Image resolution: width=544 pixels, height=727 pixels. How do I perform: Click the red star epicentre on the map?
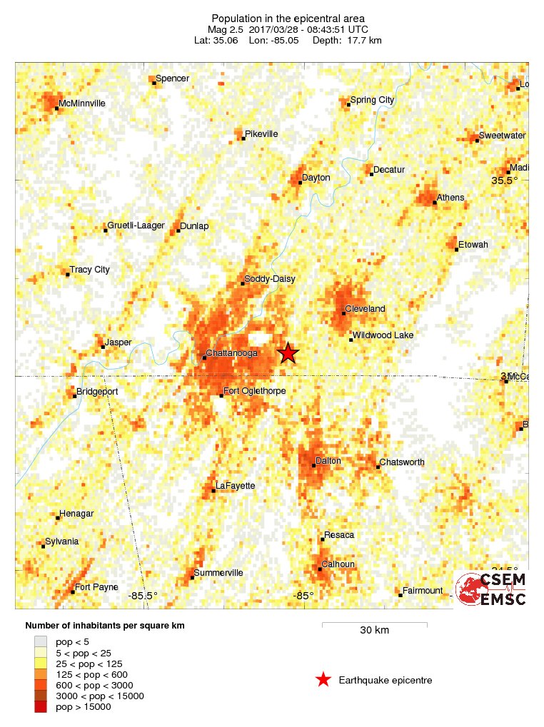point(288,353)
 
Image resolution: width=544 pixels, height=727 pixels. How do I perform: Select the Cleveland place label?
point(365,309)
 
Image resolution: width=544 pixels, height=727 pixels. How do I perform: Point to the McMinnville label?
point(82,103)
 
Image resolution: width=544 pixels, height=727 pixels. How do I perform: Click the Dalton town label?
point(328,461)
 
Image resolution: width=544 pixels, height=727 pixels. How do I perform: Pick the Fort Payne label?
point(96,588)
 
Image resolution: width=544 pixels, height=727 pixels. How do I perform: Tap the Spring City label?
point(372,101)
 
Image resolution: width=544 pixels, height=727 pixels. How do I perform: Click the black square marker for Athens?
point(435,203)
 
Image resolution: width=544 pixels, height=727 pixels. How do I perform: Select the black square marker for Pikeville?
point(243,138)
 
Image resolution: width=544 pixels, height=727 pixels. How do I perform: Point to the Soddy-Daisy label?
point(269,279)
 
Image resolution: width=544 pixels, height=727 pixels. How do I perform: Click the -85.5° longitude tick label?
point(143,596)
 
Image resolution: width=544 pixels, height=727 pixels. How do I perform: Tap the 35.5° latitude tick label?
point(504,181)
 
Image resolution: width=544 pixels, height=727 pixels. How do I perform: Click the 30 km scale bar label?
point(374,630)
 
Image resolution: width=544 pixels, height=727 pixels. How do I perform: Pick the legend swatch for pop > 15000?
point(41,706)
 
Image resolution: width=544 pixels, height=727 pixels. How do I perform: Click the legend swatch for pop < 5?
point(41,642)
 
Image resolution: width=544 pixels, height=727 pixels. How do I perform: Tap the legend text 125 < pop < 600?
point(91,674)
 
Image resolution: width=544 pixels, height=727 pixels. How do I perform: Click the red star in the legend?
point(323,680)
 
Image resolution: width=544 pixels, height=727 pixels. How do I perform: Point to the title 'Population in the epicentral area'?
point(288,18)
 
